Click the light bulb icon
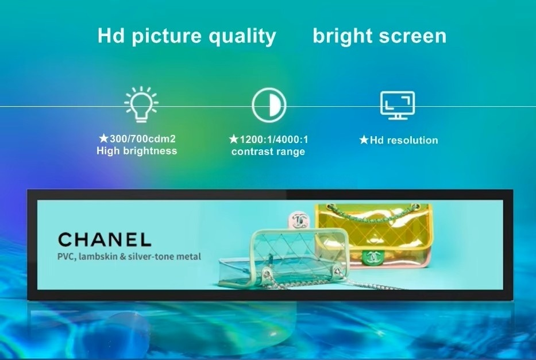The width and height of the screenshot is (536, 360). pyautogui.click(x=141, y=104)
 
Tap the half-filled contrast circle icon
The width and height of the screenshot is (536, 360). pyautogui.click(x=269, y=105)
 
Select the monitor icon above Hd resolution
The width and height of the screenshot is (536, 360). pyautogui.click(x=398, y=105)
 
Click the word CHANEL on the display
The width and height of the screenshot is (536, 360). pyautogui.click(x=105, y=239)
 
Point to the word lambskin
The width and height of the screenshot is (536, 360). pyautogui.click(x=98, y=256)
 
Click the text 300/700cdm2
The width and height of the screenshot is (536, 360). pyautogui.click(x=142, y=139)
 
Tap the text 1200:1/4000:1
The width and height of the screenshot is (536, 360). pyautogui.click(x=274, y=140)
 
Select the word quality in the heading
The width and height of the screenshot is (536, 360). pyautogui.click(x=242, y=36)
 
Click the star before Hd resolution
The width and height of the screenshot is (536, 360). pyautogui.click(x=364, y=140)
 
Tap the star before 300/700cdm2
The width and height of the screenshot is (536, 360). pyautogui.click(x=103, y=138)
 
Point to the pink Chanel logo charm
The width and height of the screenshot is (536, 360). pyautogui.click(x=300, y=220)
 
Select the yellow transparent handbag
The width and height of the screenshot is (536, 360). pyautogui.click(x=373, y=235)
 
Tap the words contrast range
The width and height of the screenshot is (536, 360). pyautogui.click(x=268, y=152)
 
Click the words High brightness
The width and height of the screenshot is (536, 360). pyautogui.click(x=137, y=150)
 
